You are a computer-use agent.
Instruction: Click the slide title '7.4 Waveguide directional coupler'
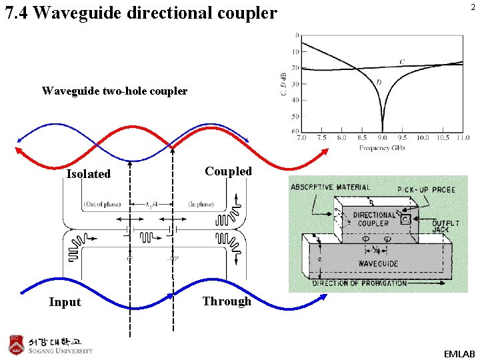(141, 13)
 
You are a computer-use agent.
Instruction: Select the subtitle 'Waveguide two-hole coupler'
(114, 91)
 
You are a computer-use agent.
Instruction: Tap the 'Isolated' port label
(89, 174)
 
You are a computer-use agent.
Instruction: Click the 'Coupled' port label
(228, 171)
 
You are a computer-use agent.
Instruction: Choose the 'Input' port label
(65, 302)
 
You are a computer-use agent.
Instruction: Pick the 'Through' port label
(227, 301)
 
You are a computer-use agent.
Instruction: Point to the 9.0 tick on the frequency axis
(382, 138)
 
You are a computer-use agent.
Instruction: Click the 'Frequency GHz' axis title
(383, 147)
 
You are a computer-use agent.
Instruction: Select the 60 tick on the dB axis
(294, 132)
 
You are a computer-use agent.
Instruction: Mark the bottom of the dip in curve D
(382, 130)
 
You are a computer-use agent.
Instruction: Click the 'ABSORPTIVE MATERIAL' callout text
(330, 187)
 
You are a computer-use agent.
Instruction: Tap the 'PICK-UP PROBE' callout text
(426, 190)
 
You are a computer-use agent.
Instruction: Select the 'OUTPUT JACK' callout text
(445, 227)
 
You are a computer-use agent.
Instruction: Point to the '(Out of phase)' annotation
(101, 203)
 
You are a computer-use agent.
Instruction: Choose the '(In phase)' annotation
(201, 203)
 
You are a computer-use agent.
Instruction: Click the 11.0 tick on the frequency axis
(463, 138)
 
